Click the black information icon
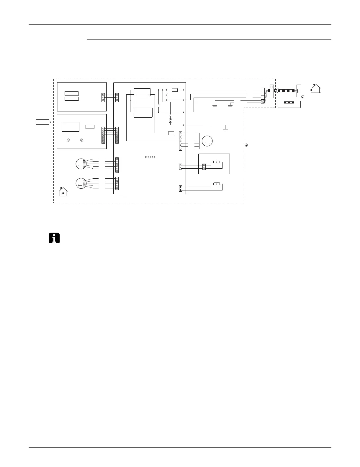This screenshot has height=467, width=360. pyautogui.click(x=54, y=238)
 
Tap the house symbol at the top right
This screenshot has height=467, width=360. pyautogui.click(x=316, y=88)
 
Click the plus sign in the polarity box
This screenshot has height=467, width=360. pyautogui.click(x=149, y=95)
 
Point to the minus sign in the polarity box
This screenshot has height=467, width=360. pyautogui.click(x=135, y=95)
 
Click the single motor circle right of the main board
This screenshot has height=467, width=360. pyautogui.click(x=207, y=141)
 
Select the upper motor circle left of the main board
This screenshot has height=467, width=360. pyautogui.click(x=80, y=164)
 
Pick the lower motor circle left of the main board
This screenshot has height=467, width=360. pyautogui.click(x=80, y=183)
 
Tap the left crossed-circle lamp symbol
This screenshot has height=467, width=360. pyautogui.click(x=68, y=140)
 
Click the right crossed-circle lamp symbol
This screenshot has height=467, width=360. pyautogui.click(x=82, y=140)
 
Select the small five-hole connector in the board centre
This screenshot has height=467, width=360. pyautogui.click(x=150, y=157)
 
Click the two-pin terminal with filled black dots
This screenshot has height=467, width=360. pyautogui.click(x=181, y=188)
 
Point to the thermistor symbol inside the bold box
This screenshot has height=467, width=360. pyautogui.click(x=216, y=162)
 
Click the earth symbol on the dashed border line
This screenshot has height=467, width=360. pyautogui.click(x=246, y=145)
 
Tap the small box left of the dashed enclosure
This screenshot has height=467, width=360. pyautogui.click(x=42, y=122)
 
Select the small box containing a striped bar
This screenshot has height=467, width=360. pyautogui.click(x=289, y=104)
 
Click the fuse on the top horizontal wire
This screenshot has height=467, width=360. pyautogui.click(x=174, y=90)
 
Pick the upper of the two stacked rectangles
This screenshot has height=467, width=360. pyautogui.click(x=72, y=93)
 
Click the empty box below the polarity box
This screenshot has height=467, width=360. pyautogui.click(x=143, y=113)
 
